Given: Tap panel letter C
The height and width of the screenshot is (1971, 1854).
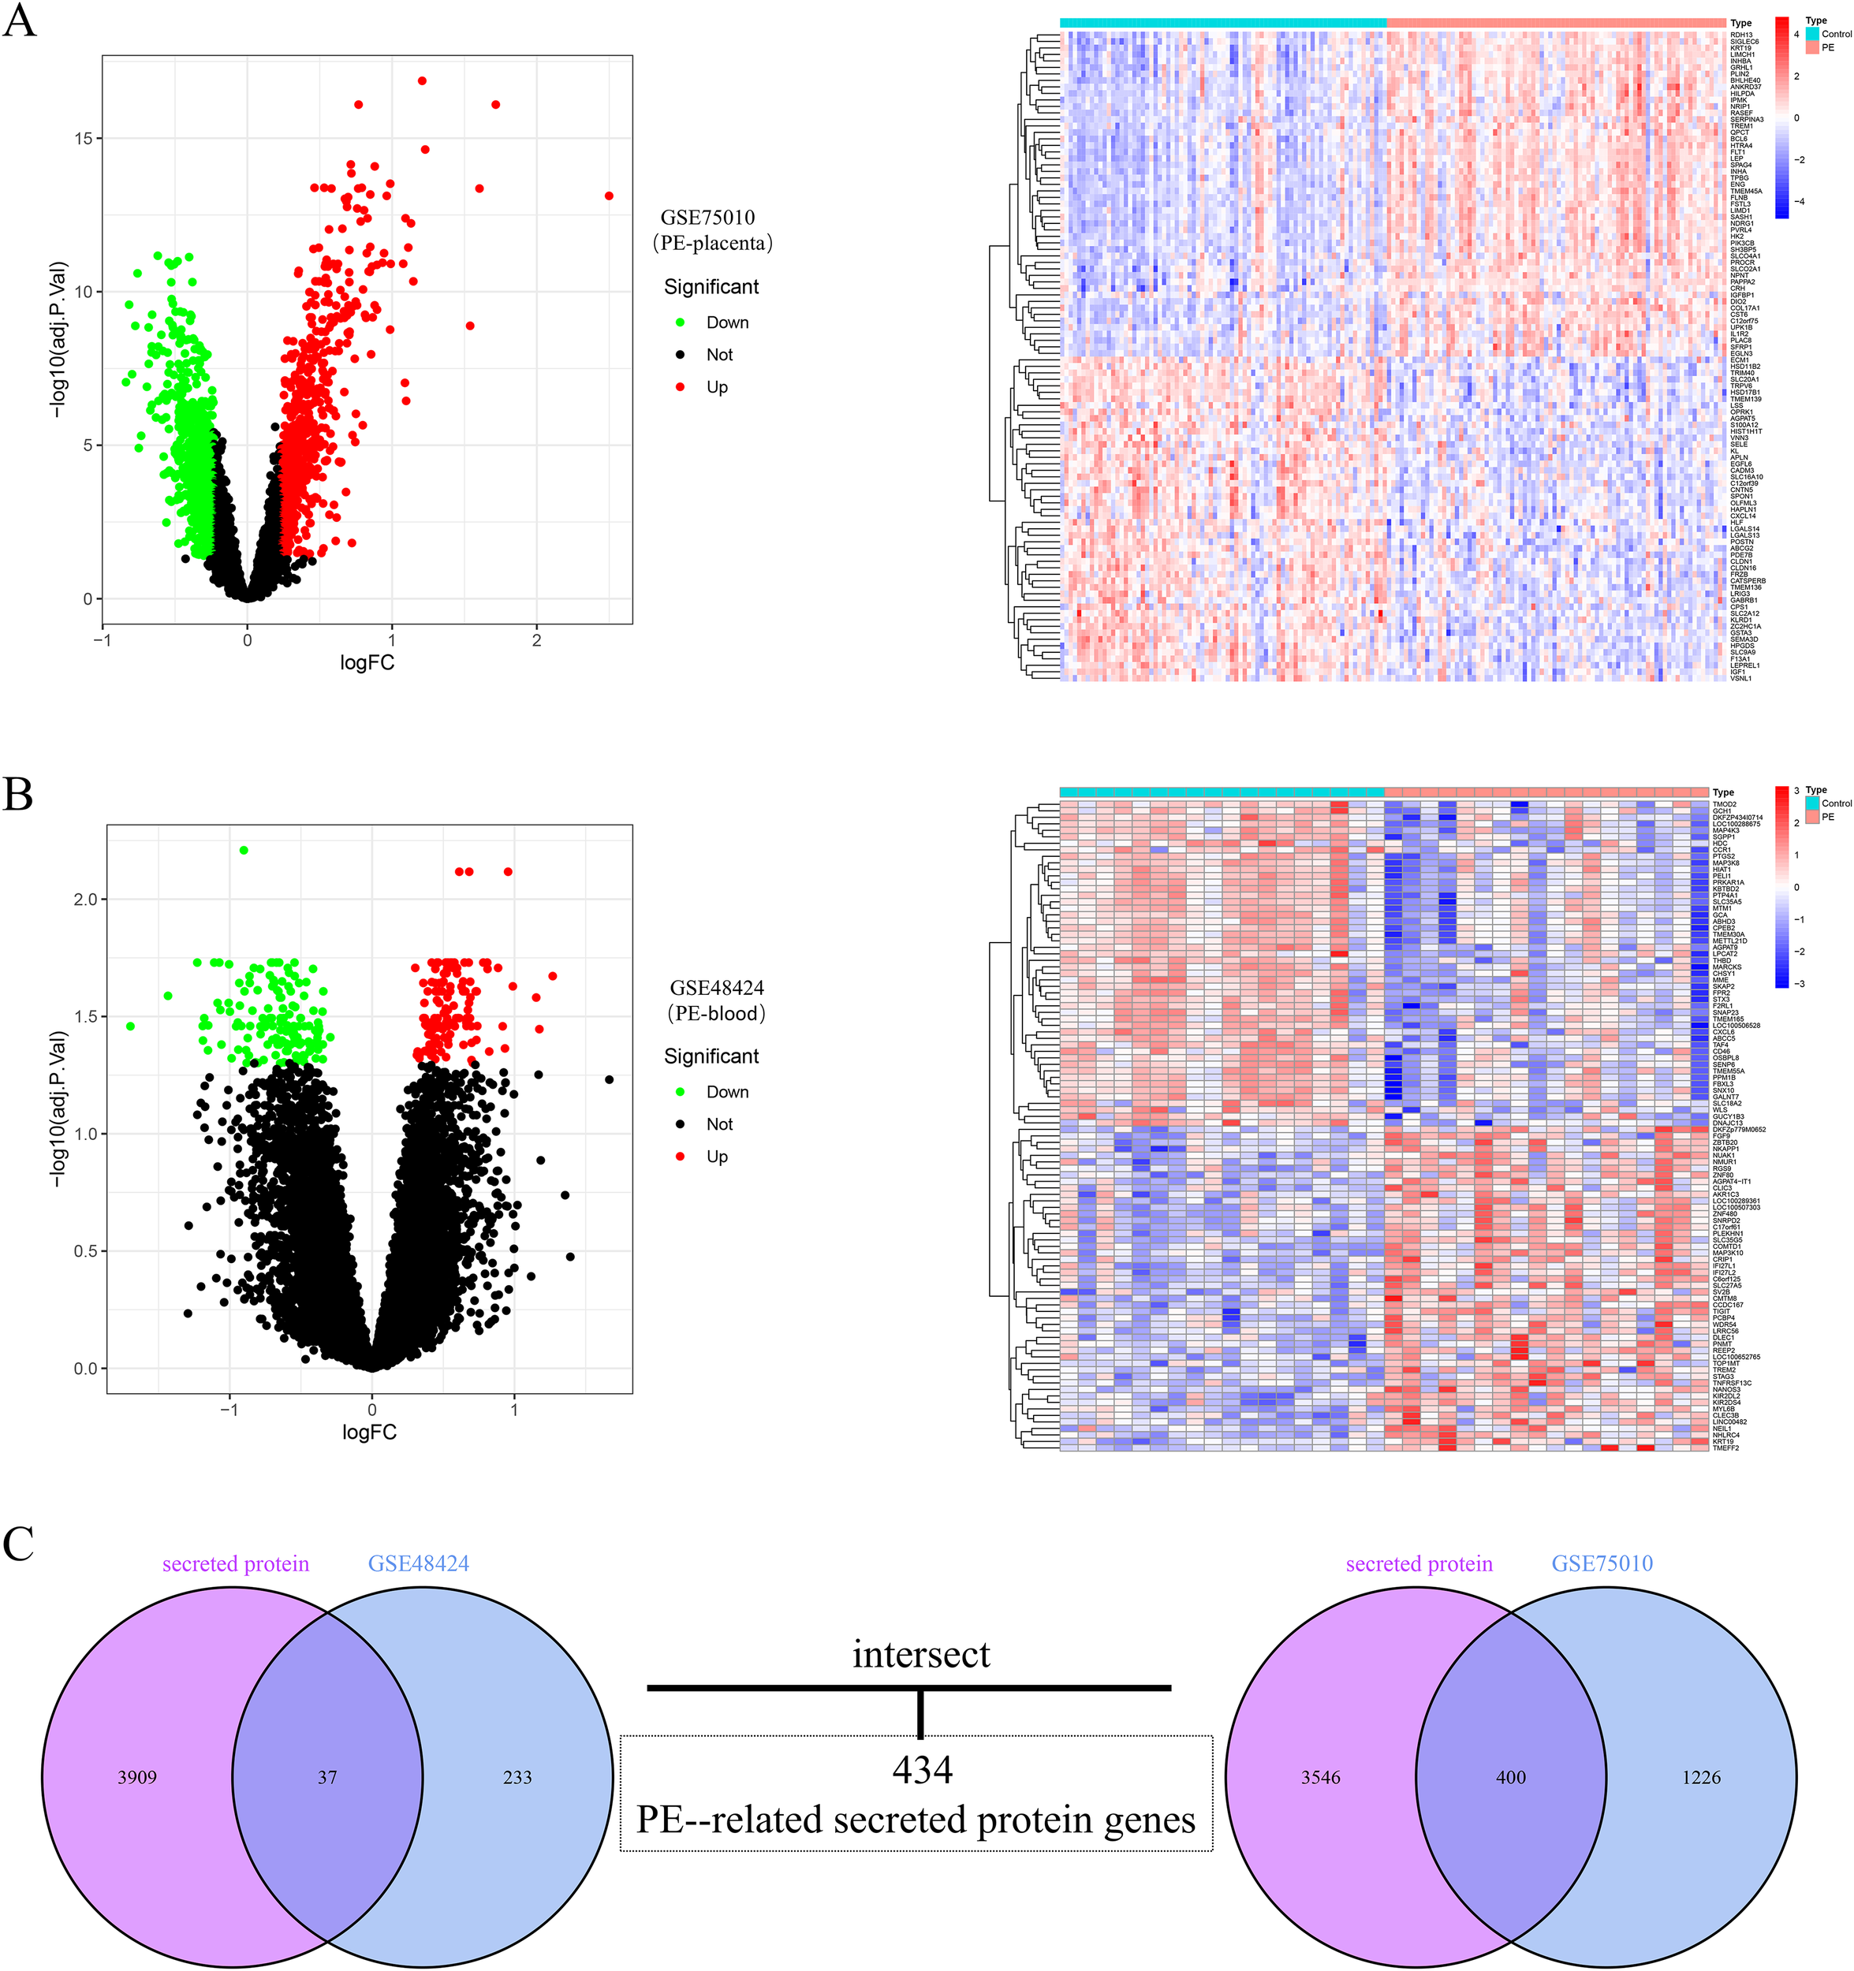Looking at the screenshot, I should (19, 1544).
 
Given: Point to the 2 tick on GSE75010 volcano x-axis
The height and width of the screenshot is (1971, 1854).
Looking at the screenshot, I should (536, 640).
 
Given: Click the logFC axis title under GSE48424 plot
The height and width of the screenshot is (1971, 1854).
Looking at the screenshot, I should (369, 1432).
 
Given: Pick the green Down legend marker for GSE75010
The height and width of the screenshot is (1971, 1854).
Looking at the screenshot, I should (680, 322).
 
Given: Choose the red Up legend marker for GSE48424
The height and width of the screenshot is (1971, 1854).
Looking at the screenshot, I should (680, 1156).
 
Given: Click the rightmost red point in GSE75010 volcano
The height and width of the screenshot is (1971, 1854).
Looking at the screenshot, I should (609, 196).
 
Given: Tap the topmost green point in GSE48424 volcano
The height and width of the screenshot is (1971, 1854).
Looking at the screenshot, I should (244, 850).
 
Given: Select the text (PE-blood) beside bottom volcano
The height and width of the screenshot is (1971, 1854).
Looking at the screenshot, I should (716, 1013).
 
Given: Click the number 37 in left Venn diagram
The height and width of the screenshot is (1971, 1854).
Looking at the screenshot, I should (327, 1778).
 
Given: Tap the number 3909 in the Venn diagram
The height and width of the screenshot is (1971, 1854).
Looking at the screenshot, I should (136, 1778).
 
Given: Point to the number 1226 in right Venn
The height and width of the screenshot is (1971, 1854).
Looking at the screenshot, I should (1700, 1778).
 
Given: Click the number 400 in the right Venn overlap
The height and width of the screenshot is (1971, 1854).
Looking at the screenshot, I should (1510, 1778).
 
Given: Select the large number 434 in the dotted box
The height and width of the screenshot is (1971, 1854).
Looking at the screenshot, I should (921, 1770).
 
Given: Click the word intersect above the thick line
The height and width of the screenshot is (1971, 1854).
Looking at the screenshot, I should (921, 1654).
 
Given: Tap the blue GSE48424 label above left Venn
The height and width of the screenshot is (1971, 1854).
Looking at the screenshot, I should (419, 1563).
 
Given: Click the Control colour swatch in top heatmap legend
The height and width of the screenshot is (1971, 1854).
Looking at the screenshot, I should (1813, 34).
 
